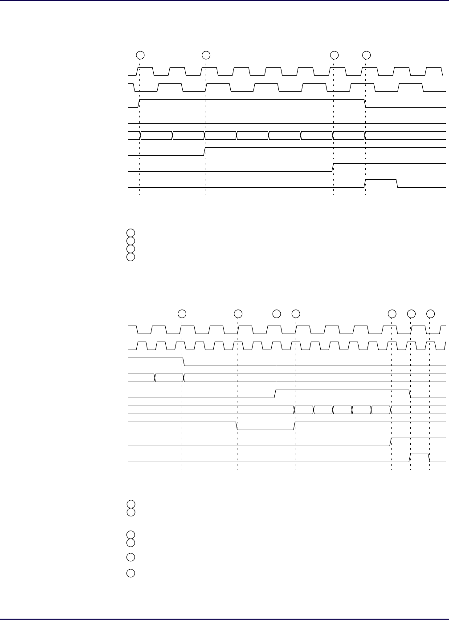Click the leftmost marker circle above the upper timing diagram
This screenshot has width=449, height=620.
tap(140, 55)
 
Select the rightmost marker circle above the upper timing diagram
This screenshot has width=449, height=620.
tap(366, 55)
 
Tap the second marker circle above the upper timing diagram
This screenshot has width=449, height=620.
tap(206, 55)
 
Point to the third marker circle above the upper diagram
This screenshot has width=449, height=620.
tap(334, 55)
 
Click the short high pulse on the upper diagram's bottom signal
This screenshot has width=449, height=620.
tap(381, 180)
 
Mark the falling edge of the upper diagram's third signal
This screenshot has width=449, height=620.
tap(365, 103)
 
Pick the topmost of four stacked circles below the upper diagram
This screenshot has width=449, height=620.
tap(130, 232)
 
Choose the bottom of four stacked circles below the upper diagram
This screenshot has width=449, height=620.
tap(130, 257)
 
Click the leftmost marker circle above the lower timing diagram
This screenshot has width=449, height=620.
tap(182, 314)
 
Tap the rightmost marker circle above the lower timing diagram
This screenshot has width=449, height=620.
tap(430, 314)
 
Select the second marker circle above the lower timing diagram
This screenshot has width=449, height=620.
tap(238, 314)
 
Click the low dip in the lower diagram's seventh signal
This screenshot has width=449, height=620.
tap(265, 429)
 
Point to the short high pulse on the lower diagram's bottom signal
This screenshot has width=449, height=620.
tap(419, 454)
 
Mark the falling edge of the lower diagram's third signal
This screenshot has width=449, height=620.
tap(183, 361)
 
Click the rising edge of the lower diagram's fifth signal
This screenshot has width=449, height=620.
tap(276, 393)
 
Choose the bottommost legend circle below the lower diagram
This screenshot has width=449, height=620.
tap(130, 573)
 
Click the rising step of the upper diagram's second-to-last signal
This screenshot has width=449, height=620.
tap(334, 167)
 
